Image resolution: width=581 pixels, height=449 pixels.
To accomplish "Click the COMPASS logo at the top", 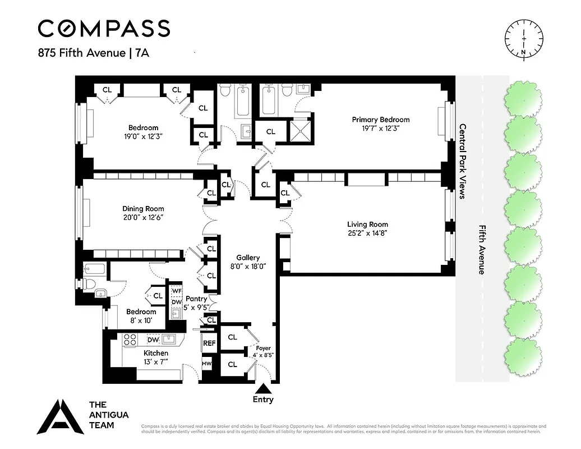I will (x=104, y=28).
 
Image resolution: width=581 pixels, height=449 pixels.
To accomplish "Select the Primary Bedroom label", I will (x=380, y=120).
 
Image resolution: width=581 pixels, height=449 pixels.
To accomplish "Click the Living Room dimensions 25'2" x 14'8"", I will (x=367, y=233).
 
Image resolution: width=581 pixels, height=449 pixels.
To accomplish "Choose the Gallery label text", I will (x=247, y=258).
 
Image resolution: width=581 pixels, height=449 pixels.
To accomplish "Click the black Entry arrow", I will (x=263, y=388).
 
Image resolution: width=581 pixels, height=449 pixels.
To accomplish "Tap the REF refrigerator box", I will (x=209, y=343).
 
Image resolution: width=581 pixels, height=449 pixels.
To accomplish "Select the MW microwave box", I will (x=207, y=364).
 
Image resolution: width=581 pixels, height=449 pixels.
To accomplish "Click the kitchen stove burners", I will (x=130, y=339).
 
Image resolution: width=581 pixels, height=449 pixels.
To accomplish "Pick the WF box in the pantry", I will (x=177, y=291).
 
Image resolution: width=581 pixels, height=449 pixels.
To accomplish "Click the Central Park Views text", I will (x=463, y=161).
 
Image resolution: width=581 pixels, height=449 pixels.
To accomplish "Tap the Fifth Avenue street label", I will (x=482, y=250).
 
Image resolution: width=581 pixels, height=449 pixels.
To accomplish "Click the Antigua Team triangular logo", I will (x=59, y=418).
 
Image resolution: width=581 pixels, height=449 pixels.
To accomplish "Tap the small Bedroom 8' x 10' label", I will (x=141, y=315).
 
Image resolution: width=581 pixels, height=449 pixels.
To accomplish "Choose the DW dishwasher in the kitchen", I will (x=153, y=339).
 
